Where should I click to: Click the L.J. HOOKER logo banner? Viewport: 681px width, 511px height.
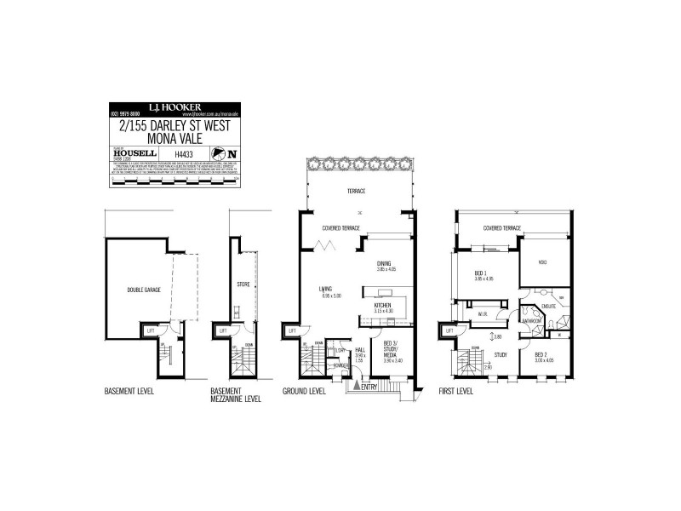tap(175, 108)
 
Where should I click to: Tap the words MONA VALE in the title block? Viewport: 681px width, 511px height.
tap(174, 137)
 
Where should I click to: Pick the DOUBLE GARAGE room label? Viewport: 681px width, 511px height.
tap(144, 290)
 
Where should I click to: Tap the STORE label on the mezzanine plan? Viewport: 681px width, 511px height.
tap(242, 284)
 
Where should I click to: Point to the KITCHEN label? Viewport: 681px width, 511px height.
tap(381, 304)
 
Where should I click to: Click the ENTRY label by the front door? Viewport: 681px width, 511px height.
tap(369, 388)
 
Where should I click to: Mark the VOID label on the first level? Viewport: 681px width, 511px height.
tap(543, 261)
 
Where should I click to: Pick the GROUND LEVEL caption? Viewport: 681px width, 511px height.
tap(304, 392)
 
